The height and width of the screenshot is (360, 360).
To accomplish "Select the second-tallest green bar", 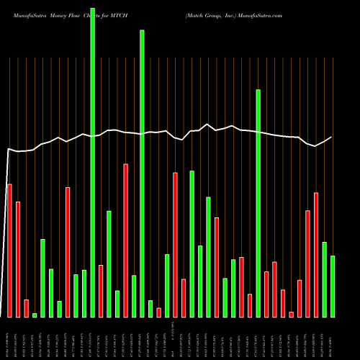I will coord(142,173).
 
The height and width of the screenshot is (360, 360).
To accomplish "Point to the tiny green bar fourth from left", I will coord(35,315).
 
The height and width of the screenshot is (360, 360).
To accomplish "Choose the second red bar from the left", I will coord(18,259).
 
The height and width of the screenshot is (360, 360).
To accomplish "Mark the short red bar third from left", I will coord(26,308).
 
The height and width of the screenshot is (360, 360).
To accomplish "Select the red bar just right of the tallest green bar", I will coord(101,291).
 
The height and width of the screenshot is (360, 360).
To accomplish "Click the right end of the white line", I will coord(331,137).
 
